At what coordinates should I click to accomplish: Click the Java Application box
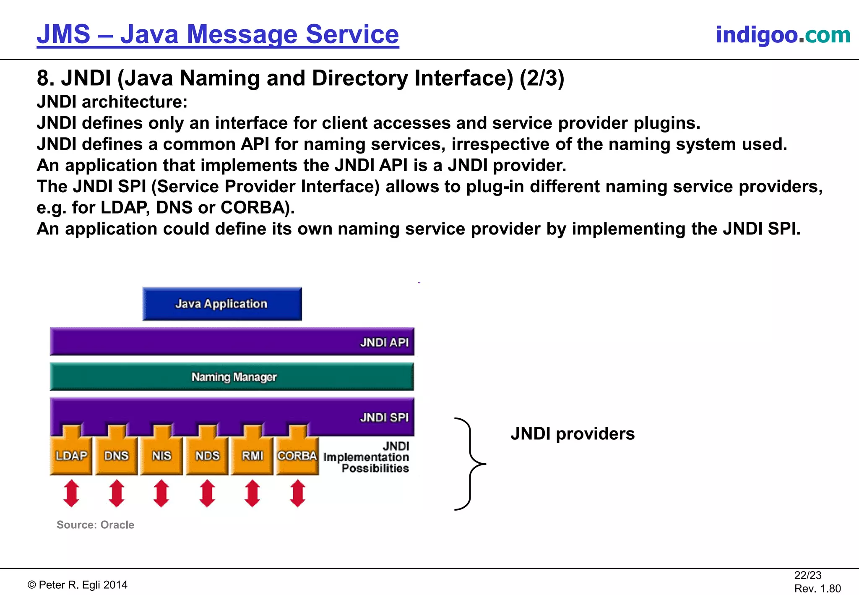222,304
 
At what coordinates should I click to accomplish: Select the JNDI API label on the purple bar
384,342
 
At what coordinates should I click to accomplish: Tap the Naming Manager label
234,377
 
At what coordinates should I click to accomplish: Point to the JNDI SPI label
384,418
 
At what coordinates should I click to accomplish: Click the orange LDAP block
71,456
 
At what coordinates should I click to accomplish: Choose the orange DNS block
116,456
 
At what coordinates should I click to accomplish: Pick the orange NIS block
161,456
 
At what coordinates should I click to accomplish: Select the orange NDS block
207,456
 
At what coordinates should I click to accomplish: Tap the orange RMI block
252,456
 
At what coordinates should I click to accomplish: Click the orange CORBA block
297,456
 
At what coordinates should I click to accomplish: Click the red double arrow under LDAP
71,493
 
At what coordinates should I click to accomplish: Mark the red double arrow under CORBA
298,493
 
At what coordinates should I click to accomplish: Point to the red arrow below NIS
161,493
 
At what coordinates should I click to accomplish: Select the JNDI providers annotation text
573,433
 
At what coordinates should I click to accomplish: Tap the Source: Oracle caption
95,525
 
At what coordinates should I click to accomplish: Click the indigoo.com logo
783,34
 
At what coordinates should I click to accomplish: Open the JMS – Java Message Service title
218,34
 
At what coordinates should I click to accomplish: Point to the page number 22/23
807,575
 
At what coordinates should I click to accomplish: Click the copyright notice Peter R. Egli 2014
78,585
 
